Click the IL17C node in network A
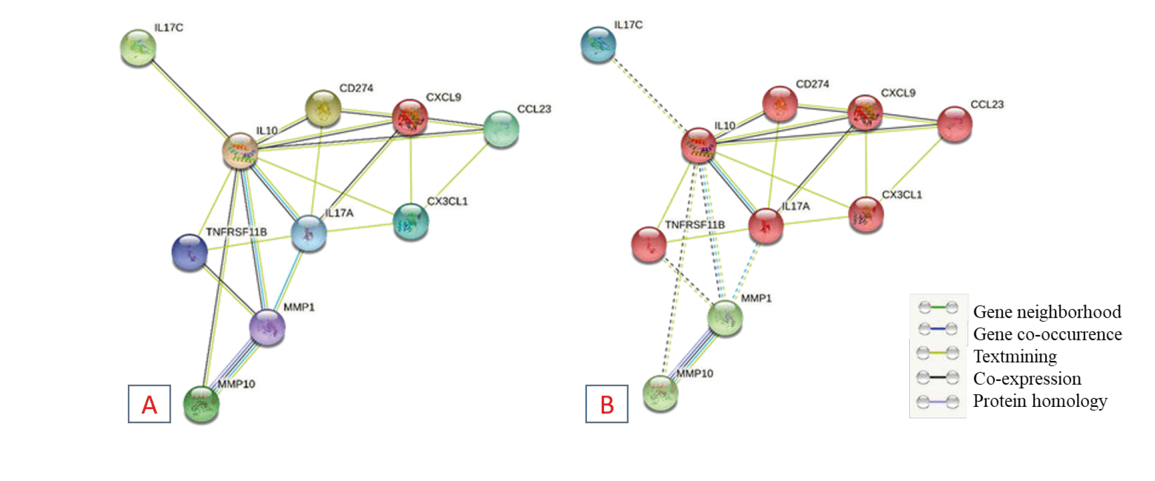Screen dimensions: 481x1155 click(x=138, y=48)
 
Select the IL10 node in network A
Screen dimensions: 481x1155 click(x=240, y=150)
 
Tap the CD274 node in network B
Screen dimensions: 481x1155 click(x=779, y=103)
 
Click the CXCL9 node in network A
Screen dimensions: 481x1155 click(x=410, y=116)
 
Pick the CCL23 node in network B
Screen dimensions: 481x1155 click(x=954, y=123)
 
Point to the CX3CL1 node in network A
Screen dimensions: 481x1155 click(x=411, y=221)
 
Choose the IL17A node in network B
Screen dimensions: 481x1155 click(x=766, y=226)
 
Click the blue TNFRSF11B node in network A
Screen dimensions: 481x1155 click(x=190, y=252)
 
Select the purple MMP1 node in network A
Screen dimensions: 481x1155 click(x=267, y=327)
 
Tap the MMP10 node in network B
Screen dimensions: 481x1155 click(x=660, y=393)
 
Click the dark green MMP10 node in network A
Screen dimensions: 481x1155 click(x=201, y=404)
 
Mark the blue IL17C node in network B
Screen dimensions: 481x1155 click(x=598, y=44)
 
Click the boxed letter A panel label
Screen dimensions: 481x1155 click(x=149, y=404)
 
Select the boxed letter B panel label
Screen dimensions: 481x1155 click(x=607, y=404)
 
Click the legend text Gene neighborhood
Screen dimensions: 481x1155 click(x=1047, y=312)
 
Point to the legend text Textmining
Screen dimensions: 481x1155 click(x=1015, y=357)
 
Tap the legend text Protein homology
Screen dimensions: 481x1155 click(x=1040, y=401)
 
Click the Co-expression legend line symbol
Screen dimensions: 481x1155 click(x=938, y=378)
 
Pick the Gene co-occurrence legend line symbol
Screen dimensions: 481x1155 click(x=938, y=329)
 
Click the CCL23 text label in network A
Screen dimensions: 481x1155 click(x=534, y=109)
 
